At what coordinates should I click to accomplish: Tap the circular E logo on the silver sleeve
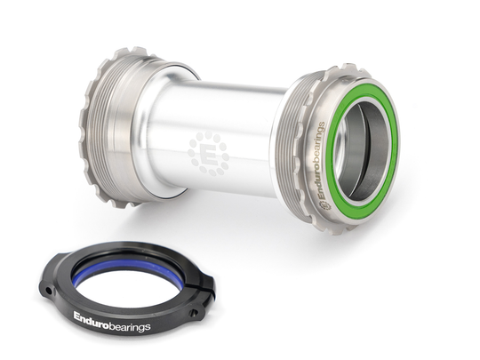(x=209, y=153)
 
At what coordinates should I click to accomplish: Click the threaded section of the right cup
(x=293, y=151)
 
